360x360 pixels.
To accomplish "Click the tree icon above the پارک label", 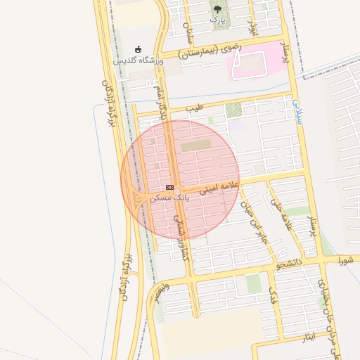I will pos(217,9).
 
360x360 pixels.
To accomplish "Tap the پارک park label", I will pos(218,20).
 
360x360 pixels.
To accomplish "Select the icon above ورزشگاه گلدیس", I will pos(138,49).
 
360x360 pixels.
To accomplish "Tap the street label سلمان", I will pos(188,32).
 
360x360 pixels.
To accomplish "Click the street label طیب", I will pos(194,109).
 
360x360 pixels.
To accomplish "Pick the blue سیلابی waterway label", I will pos(296,112).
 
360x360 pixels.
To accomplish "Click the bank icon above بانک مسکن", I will pos(169,187).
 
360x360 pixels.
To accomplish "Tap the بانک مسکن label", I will pos(169,198).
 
